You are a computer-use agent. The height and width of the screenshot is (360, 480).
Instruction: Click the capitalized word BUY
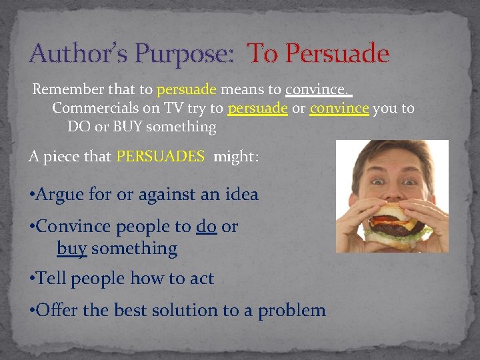tap(127, 126)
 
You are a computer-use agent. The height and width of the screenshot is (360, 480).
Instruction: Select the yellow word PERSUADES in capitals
tap(160, 157)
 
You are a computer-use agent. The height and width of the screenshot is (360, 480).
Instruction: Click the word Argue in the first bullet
tap(57, 195)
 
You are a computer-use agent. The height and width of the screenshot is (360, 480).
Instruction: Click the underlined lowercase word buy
tap(72, 249)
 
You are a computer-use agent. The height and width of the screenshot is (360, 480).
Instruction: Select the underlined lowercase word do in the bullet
tap(206, 227)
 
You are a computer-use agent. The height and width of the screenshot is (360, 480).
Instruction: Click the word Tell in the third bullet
tap(51, 279)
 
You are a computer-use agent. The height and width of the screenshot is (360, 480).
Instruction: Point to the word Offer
tap(56, 311)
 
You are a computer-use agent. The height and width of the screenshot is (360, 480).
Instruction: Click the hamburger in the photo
tap(394, 227)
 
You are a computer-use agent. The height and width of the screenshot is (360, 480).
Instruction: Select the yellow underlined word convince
tap(339, 107)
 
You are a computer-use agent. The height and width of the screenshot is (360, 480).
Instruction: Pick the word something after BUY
tap(181, 126)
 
